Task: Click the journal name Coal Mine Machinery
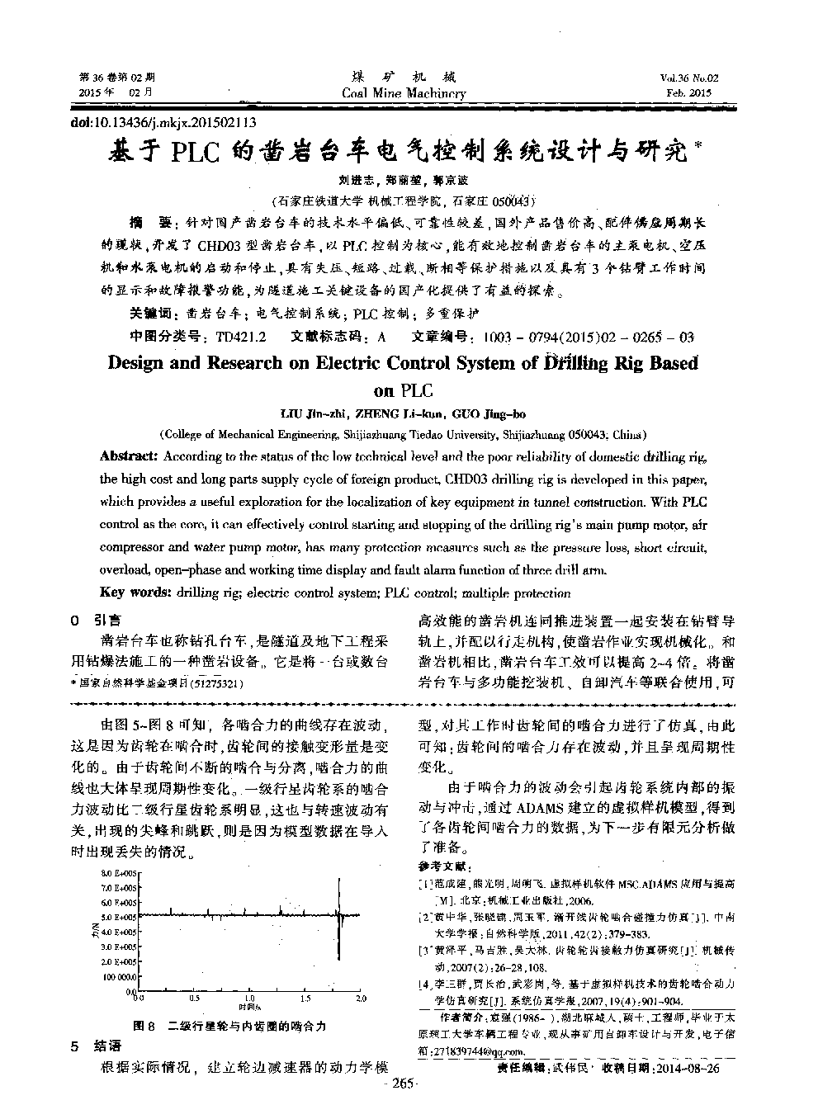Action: pyautogui.click(x=404, y=93)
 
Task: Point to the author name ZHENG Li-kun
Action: pyautogui.click(x=400, y=414)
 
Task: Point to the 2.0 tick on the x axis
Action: pyautogui.click(x=360, y=999)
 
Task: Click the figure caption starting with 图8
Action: pyautogui.click(x=229, y=1026)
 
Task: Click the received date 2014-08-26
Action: pyautogui.click(x=685, y=1068)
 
